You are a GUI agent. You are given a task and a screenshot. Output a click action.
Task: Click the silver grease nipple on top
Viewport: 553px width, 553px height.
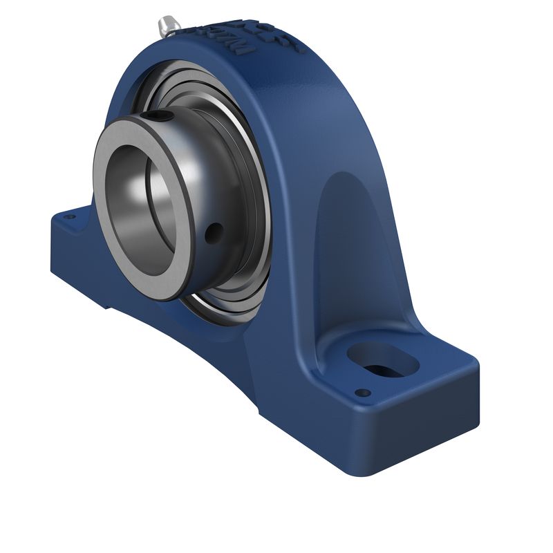pos(168,26)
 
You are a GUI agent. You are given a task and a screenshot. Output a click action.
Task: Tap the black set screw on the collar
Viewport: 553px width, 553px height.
pos(160,115)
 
